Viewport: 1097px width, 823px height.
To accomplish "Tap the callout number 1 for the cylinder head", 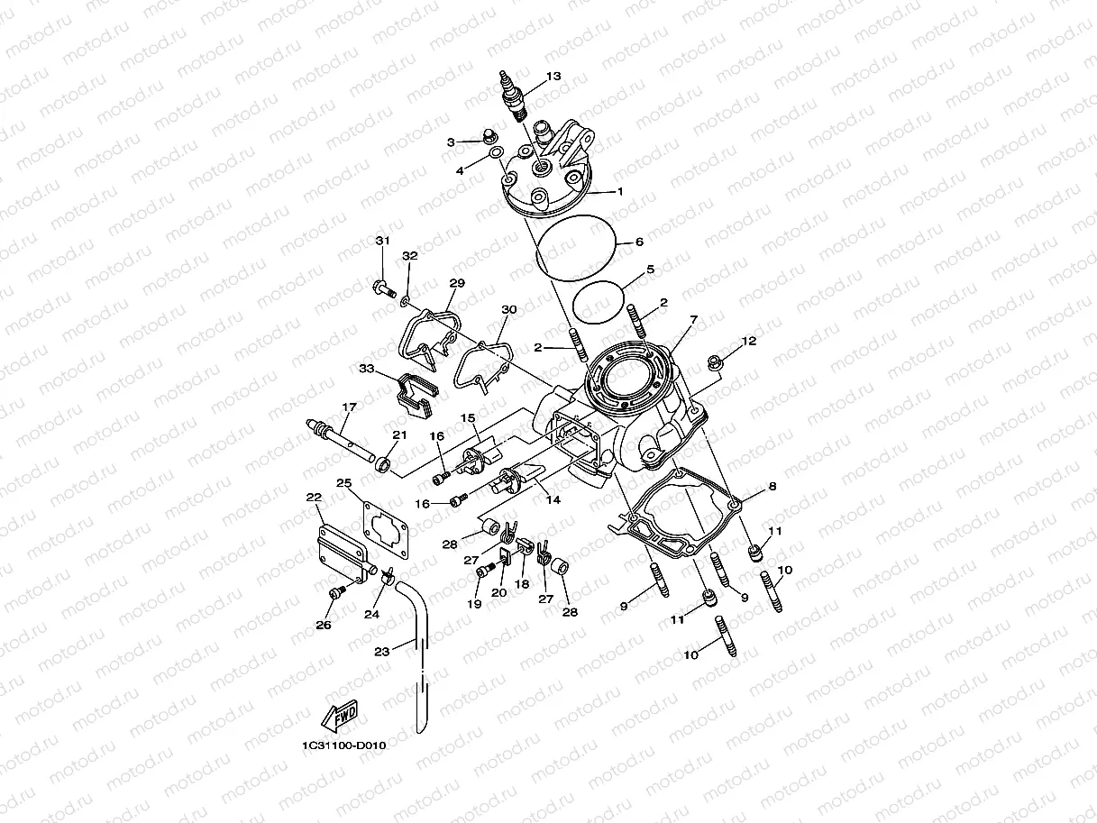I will coord(620,192).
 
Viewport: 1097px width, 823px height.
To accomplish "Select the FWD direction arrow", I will coord(338,718).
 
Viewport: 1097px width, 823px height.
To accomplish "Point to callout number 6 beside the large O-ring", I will coord(638,242).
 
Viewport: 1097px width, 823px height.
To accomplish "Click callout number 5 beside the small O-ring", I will coord(649,270).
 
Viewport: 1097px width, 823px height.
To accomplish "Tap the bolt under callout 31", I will coord(382,289).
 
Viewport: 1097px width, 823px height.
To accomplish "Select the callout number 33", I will coord(366,369).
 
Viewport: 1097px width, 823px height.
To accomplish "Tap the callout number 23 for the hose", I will coord(381,652).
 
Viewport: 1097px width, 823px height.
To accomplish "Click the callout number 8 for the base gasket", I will coord(772,487).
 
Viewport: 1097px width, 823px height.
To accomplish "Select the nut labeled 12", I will coord(716,363).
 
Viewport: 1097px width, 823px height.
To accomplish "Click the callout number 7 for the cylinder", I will coord(693,320).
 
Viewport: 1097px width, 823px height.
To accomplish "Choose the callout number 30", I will coord(509,309).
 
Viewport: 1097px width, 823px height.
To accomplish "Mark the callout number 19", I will coord(475,605).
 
